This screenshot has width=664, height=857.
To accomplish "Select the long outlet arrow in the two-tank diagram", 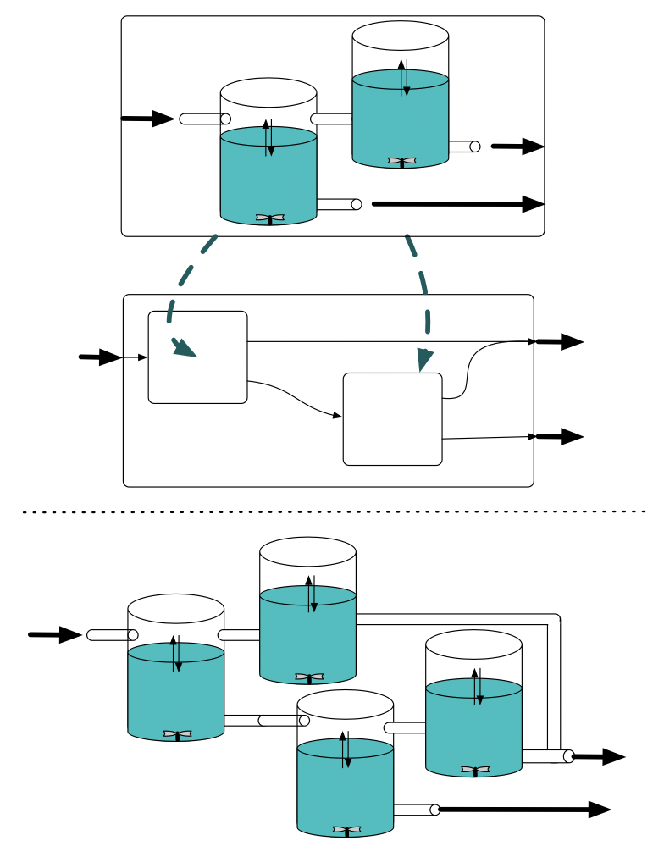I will point(457,204).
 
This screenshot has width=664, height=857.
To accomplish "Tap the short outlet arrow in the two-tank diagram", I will point(517,147).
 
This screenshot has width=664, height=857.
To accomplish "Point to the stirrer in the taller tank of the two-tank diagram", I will point(402,161).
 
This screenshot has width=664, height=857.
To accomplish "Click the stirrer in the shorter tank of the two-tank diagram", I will point(270,218).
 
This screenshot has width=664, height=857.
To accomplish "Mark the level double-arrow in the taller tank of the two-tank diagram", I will point(405,77).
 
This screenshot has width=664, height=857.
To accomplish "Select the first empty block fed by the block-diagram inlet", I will point(197,357).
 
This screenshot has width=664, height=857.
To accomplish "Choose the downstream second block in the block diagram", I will point(392,419).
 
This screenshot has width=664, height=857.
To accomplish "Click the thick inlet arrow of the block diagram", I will point(101,357).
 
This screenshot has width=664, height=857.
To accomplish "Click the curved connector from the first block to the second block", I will point(296,398).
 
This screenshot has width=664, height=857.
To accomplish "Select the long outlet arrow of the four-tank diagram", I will point(525,810).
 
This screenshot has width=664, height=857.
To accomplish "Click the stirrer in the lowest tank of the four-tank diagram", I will point(346,830).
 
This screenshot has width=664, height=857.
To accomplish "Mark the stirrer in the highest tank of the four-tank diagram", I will point(309,677).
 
